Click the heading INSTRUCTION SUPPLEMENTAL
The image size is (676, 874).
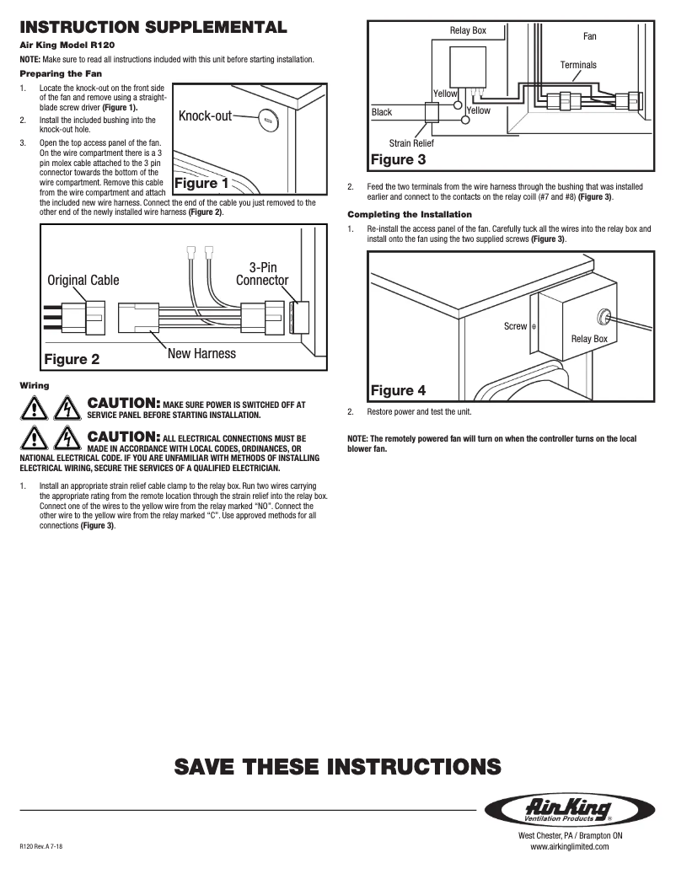[153, 27]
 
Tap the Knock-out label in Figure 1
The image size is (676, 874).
[205, 115]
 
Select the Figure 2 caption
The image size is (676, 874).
[72, 359]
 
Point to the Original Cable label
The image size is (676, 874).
[83, 280]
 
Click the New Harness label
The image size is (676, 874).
[201, 353]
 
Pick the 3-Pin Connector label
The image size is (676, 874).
[262, 274]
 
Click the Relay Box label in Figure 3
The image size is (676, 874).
[468, 31]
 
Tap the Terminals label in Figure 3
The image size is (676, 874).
[578, 65]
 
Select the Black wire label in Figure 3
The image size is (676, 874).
[382, 112]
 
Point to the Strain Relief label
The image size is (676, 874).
[411, 144]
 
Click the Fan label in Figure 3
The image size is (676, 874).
[590, 37]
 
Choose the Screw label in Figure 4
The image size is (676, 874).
[515, 326]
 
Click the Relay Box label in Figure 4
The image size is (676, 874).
[589, 339]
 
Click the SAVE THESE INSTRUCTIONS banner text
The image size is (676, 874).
[337, 766]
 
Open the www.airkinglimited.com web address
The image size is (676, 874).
[569, 847]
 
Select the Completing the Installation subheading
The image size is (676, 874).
[410, 214]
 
